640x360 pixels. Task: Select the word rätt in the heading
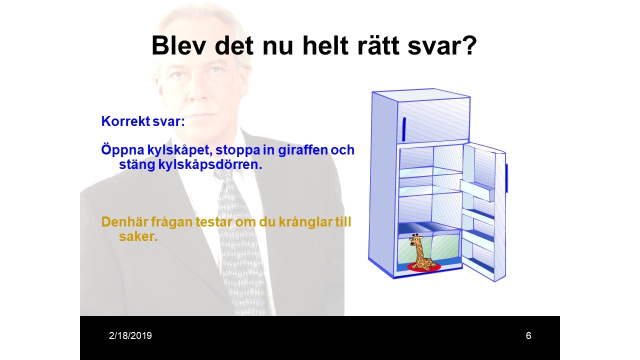[378, 45]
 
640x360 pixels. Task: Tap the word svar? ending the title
[442, 45]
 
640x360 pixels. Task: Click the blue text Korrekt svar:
[143, 121]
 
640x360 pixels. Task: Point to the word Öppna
[122, 150]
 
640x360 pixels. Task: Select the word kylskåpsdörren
[210, 165]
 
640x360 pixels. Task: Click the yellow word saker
[138, 236]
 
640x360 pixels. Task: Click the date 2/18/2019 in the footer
[130, 335]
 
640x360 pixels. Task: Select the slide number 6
[528, 335]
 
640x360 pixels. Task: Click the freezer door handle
[404, 129]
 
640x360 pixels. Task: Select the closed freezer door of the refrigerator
[433, 120]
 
